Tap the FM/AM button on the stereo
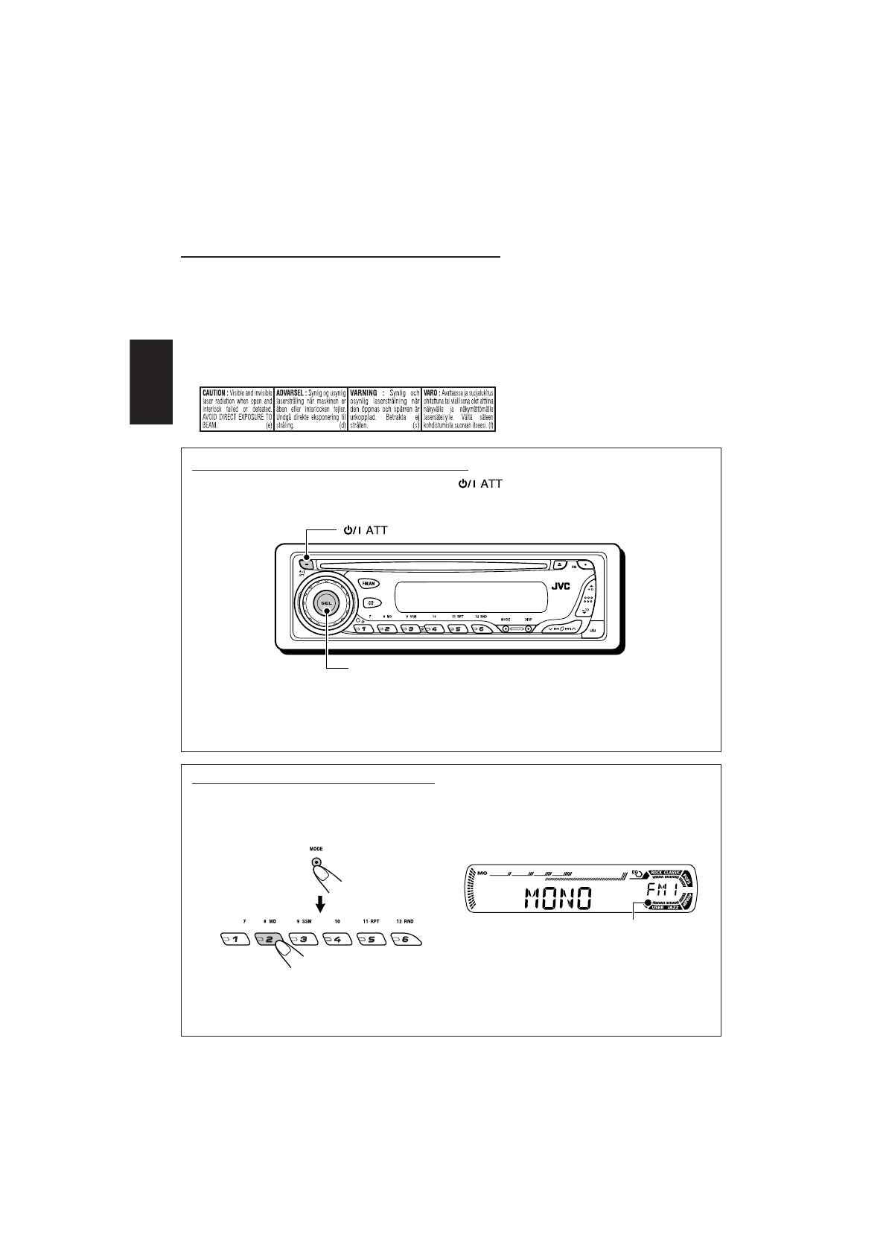click(x=369, y=584)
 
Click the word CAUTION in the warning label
click(x=215, y=391)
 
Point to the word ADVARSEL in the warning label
click(x=289, y=391)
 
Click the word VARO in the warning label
click(x=431, y=391)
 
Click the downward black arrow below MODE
click(x=321, y=903)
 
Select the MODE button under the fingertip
click(x=317, y=864)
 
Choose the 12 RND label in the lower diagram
click(x=405, y=921)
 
